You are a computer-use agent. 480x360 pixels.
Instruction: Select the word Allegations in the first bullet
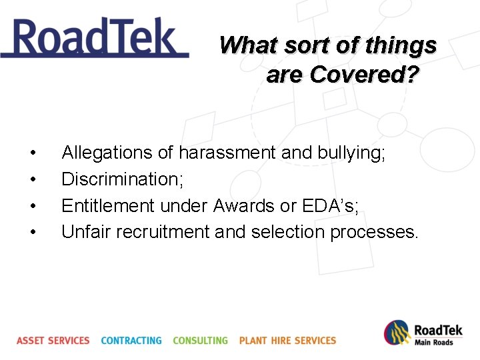107,153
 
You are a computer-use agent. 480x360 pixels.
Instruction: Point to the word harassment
226,153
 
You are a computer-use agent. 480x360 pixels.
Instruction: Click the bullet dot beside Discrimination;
33,180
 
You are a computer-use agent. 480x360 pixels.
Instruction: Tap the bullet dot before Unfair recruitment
33,233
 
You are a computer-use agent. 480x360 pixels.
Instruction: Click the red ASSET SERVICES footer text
53,341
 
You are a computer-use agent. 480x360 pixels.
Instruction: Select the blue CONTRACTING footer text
131,341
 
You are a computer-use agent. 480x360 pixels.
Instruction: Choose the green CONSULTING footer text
200,341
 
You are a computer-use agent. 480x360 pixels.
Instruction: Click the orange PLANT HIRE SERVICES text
287,341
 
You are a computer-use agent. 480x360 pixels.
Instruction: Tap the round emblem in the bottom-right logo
397,333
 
